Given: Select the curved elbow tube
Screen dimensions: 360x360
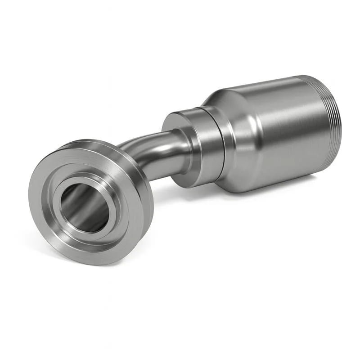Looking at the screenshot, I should [x=148, y=148].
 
